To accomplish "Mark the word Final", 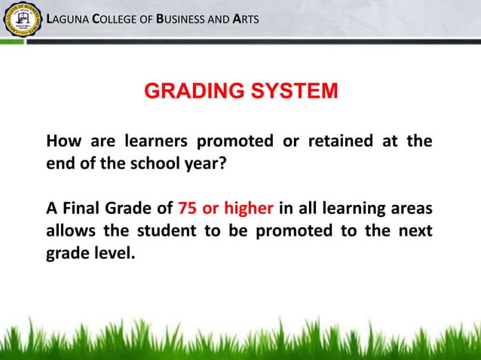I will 84,208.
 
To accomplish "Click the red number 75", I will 187,208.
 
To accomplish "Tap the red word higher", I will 253,208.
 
